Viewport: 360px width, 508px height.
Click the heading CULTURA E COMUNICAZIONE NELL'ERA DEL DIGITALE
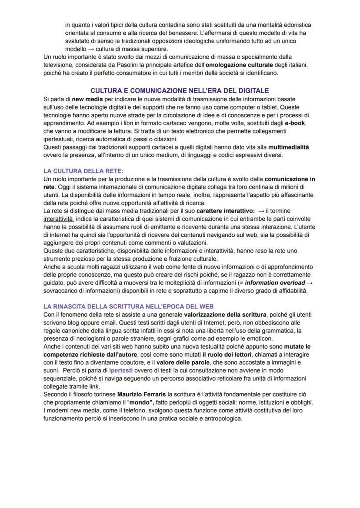click(x=180, y=91)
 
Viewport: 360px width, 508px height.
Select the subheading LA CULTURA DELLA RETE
click(x=83, y=171)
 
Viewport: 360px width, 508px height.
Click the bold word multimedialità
click(x=289, y=147)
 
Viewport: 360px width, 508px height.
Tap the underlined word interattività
click(x=59, y=219)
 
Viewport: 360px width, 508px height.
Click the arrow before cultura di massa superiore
click(x=91, y=49)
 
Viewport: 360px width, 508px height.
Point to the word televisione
click(x=60, y=65)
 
